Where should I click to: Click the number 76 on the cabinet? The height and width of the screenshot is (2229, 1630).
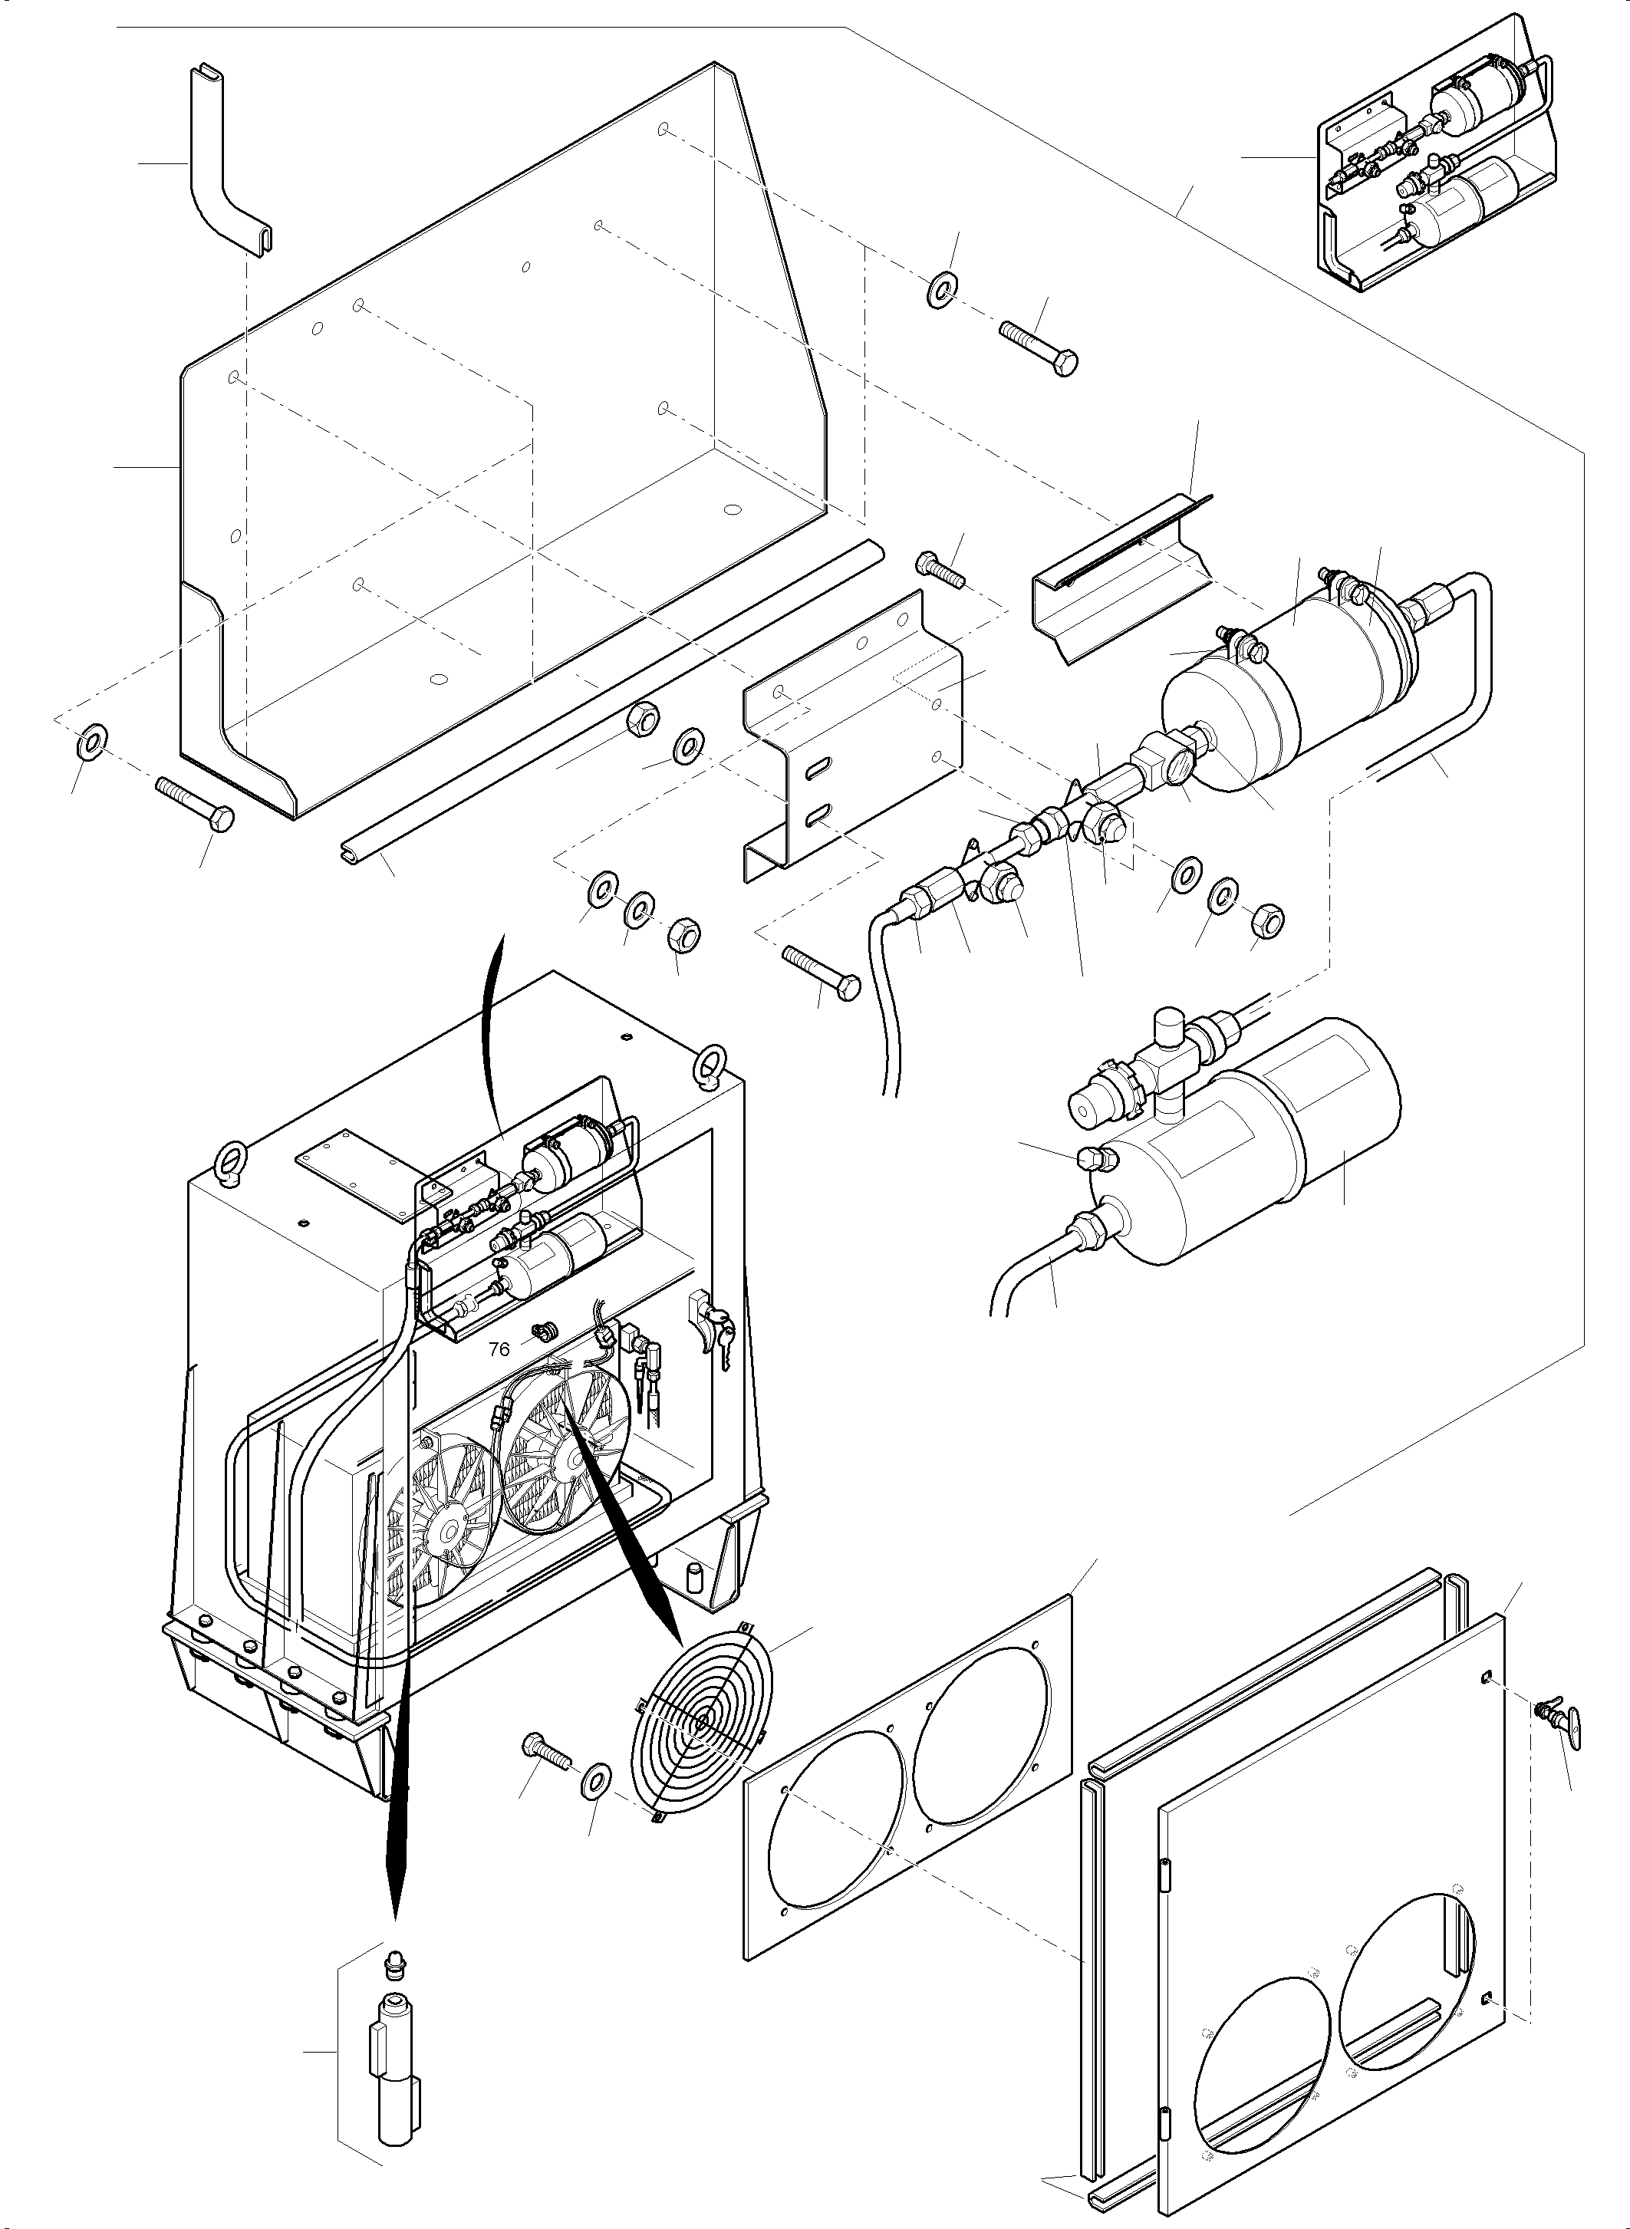point(499,1349)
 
